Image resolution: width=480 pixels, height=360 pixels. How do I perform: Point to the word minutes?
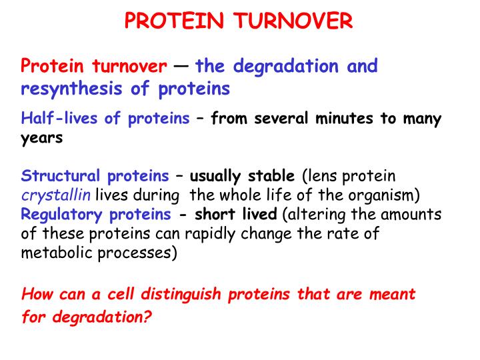tap(347, 119)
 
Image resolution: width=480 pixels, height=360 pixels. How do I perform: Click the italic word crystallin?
tap(55, 195)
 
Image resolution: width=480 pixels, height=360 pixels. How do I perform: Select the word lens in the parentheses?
tap(321, 177)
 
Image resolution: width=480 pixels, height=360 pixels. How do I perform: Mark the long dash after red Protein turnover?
tap(181, 67)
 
